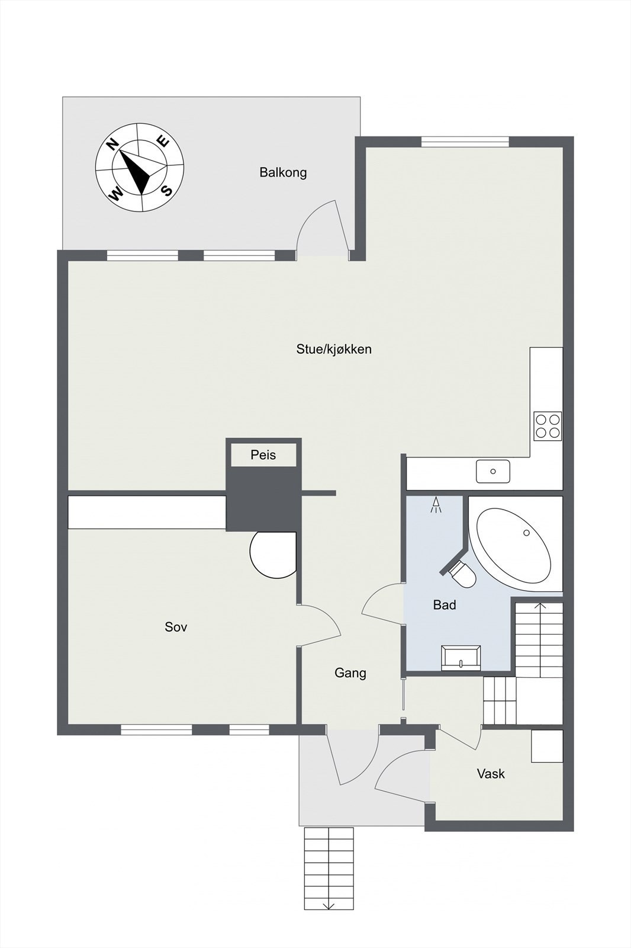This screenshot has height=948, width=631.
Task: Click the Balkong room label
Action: click(283, 172)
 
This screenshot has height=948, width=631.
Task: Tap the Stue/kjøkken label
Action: click(334, 349)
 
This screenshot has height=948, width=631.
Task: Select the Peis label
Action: click(263, 455)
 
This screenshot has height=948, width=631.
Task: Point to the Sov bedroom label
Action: click(176, 626)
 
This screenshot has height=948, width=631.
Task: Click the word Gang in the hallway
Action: click(350, 672)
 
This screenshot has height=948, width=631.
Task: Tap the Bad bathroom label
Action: click(445, 604)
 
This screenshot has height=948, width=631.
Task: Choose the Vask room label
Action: click(491, 773)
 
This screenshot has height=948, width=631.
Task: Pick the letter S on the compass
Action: click(167, 190)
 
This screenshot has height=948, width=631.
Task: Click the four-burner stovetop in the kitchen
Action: click(548, 425)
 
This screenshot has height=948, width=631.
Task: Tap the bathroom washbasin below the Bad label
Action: click(461, 657)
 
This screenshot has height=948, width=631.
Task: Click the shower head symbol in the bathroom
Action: click(437, 505)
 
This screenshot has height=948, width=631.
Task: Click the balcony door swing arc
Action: click(317, 222)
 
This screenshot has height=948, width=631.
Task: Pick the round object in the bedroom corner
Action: click(272, 555)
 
